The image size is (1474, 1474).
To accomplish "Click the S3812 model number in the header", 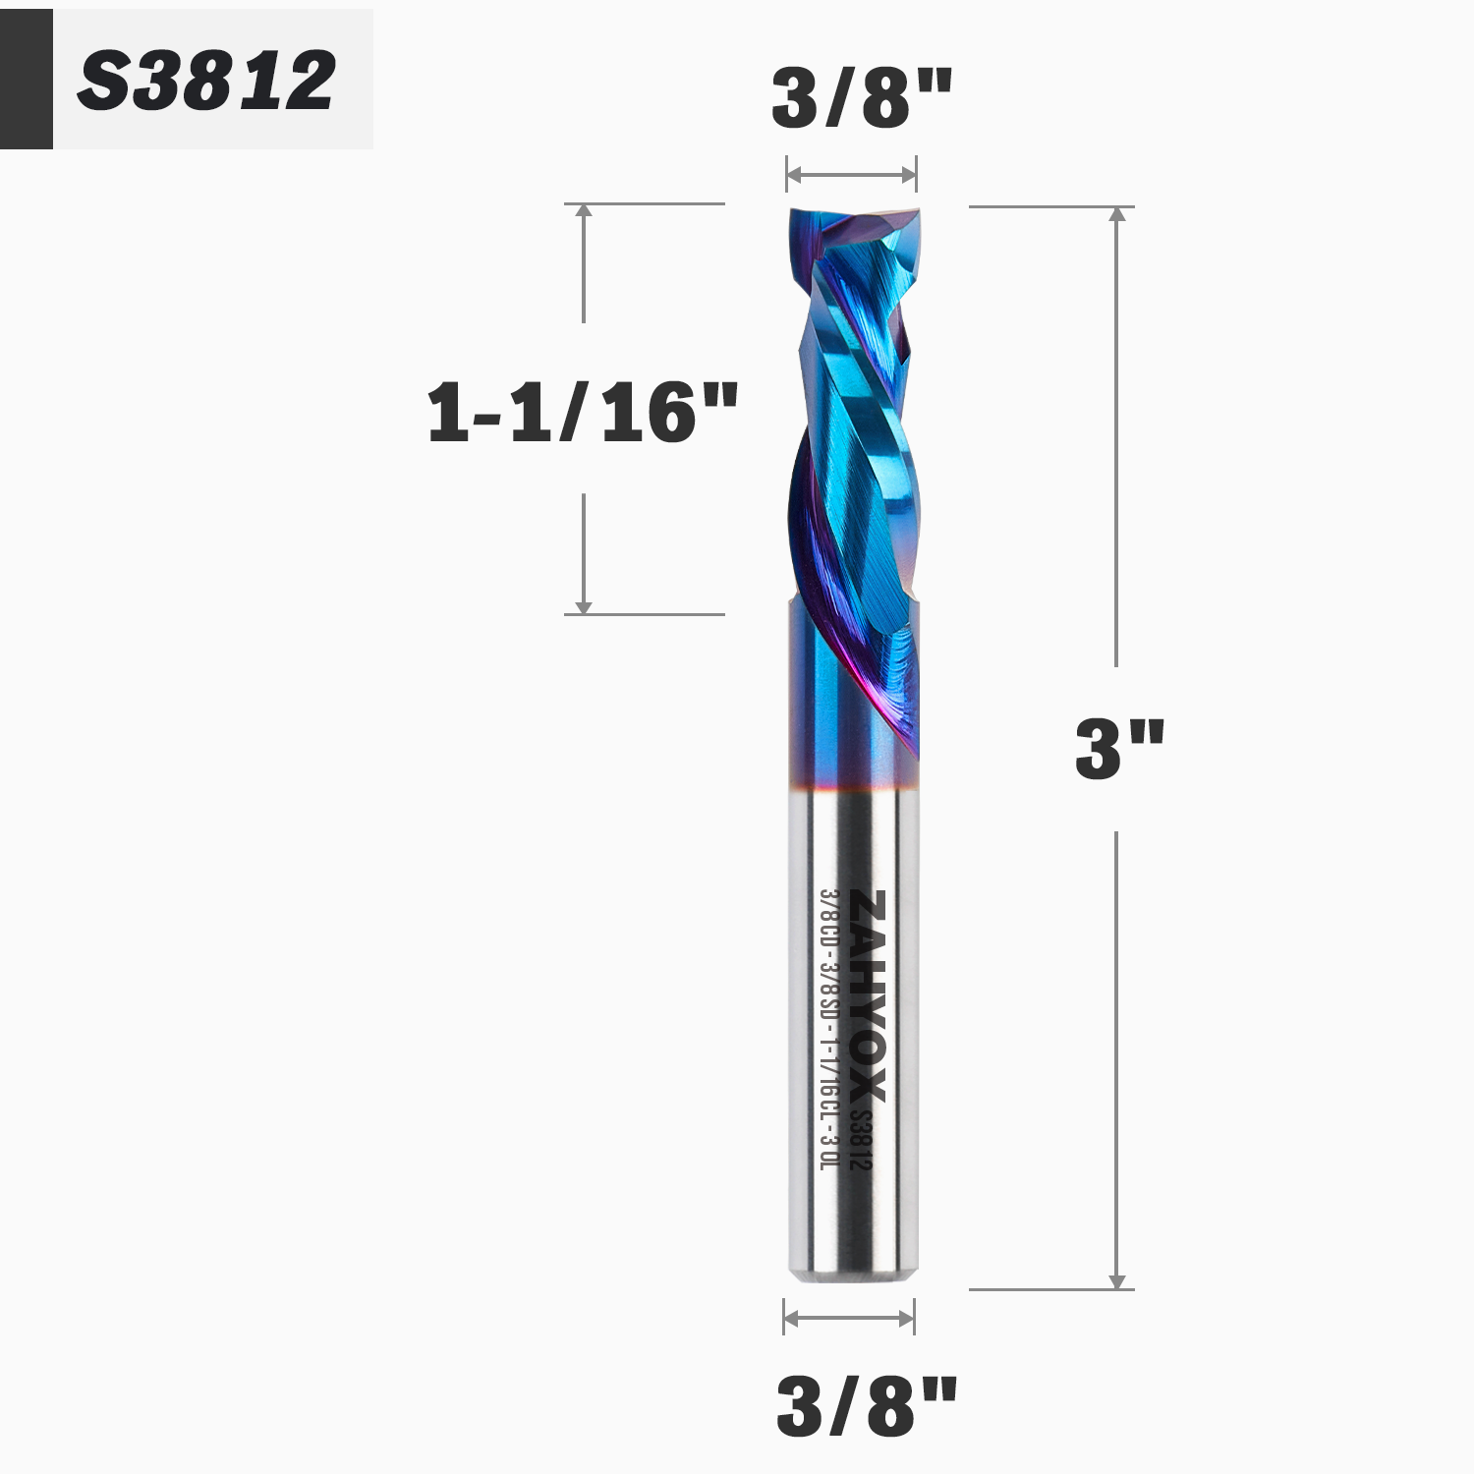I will (206, 81).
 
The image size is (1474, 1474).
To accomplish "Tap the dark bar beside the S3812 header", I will (26, 79).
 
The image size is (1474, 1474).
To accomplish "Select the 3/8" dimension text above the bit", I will (861, 98).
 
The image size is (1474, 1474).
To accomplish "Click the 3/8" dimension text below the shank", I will (866, 1406).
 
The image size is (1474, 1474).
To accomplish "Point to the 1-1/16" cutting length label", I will (582, 412).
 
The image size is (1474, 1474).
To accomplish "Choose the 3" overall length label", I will (1118, 749).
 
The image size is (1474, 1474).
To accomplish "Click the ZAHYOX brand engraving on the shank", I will (869, 996).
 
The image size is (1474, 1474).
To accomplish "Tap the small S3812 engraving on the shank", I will (861, 1139).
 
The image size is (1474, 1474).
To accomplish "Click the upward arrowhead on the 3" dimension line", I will (1117, 215).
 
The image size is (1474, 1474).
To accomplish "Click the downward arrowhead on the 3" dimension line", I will (1117, 1280).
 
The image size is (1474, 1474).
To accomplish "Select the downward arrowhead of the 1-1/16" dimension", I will (584, 606).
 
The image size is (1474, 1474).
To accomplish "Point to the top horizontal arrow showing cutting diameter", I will (851, 176).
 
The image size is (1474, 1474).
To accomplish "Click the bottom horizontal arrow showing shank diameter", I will (849, 1318).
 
